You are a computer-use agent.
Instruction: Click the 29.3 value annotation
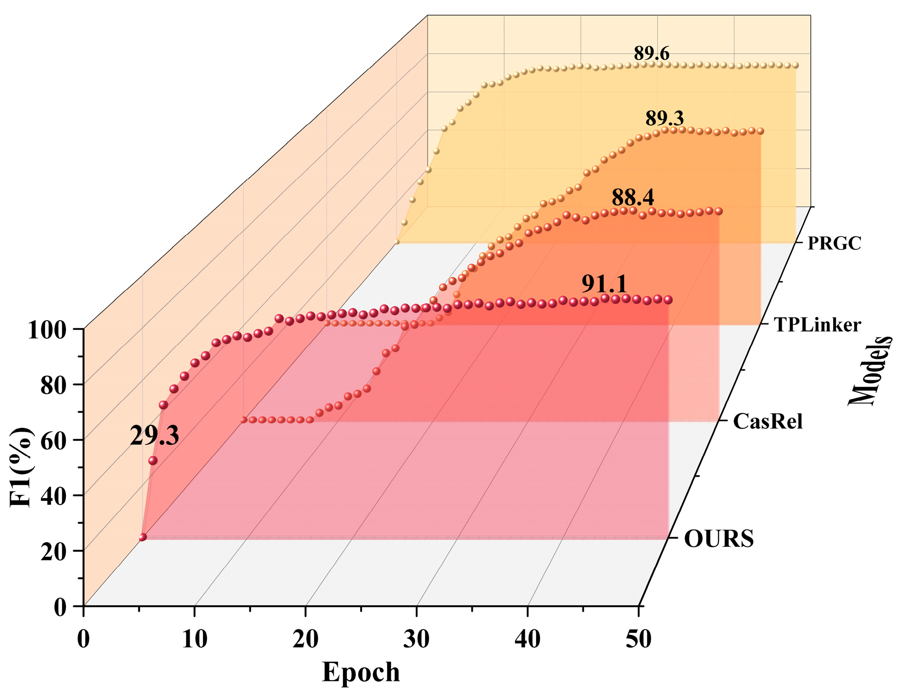pos(154,436)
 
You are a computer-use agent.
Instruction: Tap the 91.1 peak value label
pos(604,284)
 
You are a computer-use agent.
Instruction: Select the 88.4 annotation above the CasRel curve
pos(633,197)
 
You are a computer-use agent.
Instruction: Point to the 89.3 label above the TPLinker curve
pos(664,118)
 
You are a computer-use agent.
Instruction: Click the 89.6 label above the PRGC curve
pos(651,54)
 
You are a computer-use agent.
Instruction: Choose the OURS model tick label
pos(718,539)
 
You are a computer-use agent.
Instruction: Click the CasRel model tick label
pos(768,422)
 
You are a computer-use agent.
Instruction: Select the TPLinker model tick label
pos(817,325)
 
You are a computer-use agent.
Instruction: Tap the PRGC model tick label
pos(834,243)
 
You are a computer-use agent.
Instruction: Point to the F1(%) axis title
pos(21,467)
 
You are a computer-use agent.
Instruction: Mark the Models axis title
pos(870,371)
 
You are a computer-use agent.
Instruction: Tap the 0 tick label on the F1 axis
pos(60,607)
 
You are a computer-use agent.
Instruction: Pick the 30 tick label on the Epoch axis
pos(416,639)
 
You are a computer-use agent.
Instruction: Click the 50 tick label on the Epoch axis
pos(638,639)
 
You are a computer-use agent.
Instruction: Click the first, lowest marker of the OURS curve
pos(143,537)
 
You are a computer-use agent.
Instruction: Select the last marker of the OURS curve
pos(668,300)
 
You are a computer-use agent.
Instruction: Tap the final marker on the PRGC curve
pos(795,65)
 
